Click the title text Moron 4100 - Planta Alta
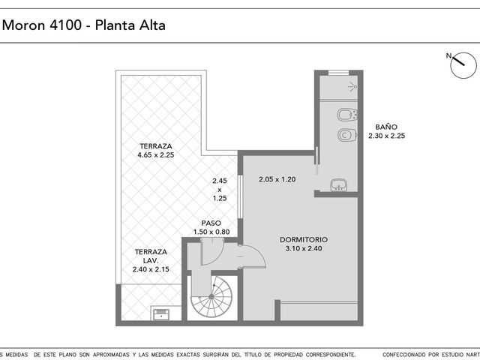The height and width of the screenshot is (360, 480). click(83, 25)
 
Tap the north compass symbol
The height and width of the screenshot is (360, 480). click(463, 65)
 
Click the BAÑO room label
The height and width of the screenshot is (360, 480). click(386, 127)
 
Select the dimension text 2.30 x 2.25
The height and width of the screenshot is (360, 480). click(387, 136)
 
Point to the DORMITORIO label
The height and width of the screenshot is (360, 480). click(304, 240)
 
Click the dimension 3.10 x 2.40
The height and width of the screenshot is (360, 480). click(304, 248)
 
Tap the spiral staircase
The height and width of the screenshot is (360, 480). click(211, 296)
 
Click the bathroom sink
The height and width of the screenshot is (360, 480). click(338, 185)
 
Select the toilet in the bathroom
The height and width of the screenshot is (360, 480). click(346, 135)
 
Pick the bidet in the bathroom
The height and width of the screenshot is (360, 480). click(346, 115)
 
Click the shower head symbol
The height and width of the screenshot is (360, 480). click(353, 87)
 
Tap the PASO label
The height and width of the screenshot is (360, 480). click(211, 223)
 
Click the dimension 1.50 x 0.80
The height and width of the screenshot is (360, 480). click(211, 232)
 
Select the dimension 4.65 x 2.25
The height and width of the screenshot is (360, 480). click(156, 155)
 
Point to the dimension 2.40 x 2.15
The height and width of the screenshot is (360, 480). click(151, 269)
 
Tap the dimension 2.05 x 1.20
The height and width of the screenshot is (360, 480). click(277, 179)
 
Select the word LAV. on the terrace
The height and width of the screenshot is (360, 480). click(151, 261)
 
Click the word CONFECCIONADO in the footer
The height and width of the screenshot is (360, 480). click(403, 355)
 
